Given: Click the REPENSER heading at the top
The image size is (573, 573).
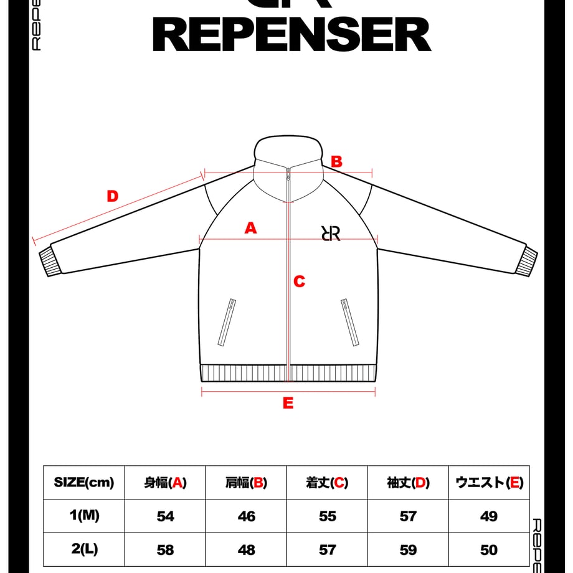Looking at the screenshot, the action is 291,35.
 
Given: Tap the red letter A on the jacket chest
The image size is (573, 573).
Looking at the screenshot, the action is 250,228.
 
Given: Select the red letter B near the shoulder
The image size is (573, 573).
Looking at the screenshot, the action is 336,161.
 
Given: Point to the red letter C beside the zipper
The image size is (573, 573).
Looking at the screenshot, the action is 300,282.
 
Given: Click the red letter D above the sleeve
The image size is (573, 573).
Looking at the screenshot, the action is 113,196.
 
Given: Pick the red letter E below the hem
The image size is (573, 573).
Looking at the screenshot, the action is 288,403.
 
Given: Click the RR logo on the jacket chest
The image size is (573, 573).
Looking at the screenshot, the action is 331,233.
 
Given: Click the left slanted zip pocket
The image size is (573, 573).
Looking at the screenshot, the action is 227,323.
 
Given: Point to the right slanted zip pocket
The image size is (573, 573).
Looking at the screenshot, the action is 350,323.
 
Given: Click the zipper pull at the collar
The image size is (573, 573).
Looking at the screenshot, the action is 288,174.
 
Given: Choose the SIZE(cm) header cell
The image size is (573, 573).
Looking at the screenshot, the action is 84,482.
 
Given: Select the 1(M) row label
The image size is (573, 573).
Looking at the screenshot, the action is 85,516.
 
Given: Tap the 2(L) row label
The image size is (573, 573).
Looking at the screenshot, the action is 85,549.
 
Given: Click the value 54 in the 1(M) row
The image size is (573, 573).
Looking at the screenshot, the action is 165,516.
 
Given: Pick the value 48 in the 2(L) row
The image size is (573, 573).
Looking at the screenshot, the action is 246,550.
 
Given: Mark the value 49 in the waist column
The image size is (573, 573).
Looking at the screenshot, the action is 489,516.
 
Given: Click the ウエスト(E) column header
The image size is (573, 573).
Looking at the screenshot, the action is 490,483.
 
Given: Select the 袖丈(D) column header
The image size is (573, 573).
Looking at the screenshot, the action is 408,483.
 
